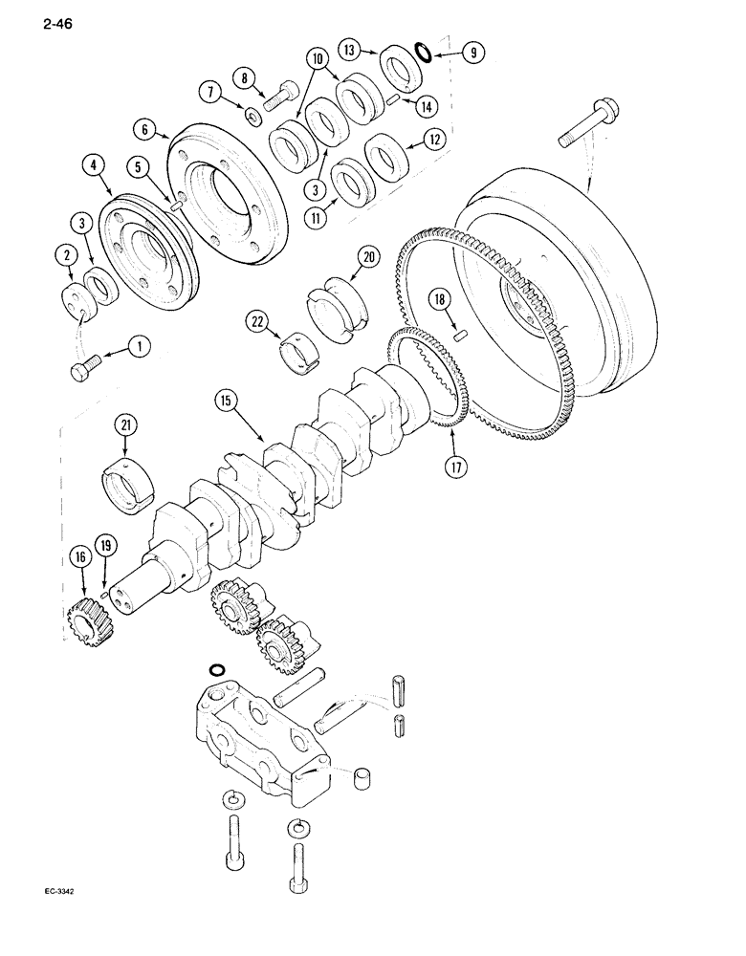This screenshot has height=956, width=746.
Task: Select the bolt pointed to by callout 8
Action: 283,96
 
